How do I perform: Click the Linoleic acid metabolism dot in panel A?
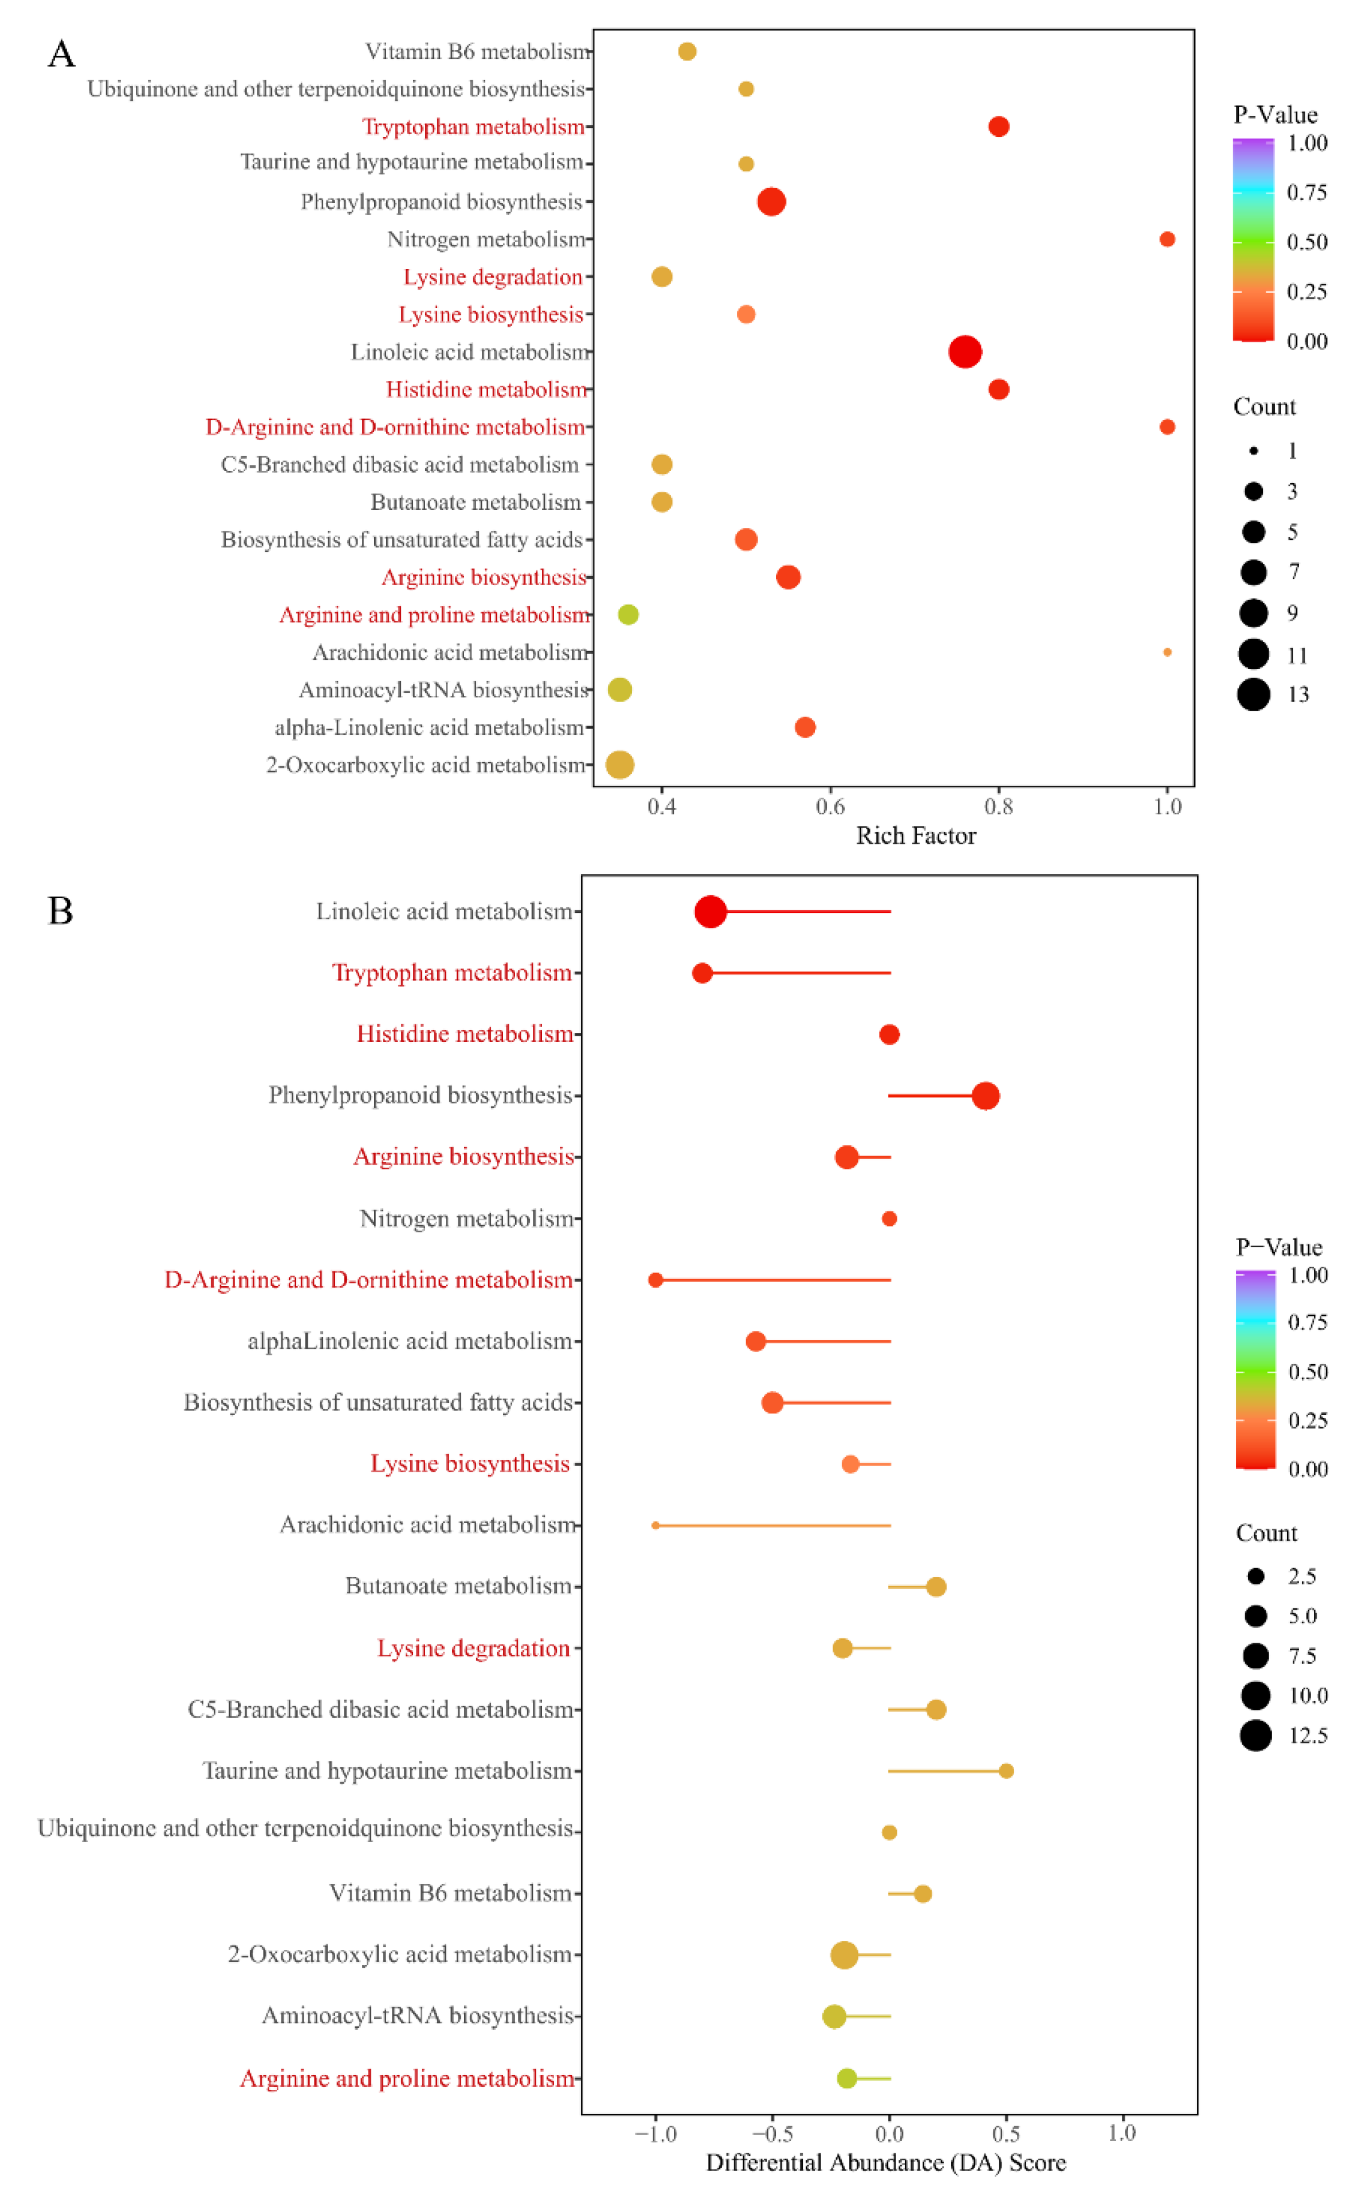coord(964,351)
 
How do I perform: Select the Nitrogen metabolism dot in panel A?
coord(1167,239)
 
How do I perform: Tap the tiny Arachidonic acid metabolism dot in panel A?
coord(1167,652)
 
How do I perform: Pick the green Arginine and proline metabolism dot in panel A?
coord(628,614)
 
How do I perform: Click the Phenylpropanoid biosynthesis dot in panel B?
coord(986,1096)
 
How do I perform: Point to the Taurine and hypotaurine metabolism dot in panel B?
coord(1006,1771)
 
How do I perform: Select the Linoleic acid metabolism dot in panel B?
coord(711,912)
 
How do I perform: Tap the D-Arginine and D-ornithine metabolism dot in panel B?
coord(656,1279)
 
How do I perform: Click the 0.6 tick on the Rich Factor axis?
coord(830,806)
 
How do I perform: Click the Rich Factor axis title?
coord(915,836)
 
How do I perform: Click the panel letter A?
coord(61,54)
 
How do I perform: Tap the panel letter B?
coord(60,911)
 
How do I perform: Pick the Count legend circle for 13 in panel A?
coord(1253,695)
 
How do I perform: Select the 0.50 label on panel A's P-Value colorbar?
coord(1307,242)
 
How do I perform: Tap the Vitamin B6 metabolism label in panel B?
coord(450,1893)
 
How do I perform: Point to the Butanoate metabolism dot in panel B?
coord(936,1587)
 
